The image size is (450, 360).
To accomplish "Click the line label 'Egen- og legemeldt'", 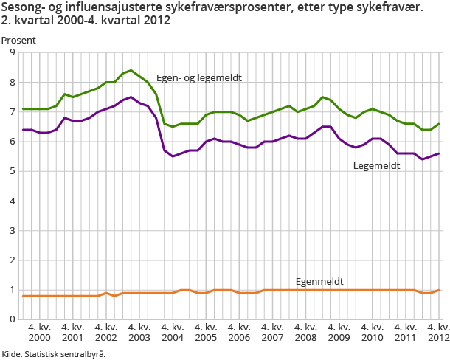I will (x=199, y=78).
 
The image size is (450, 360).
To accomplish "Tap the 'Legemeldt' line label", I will (x=377, y=166).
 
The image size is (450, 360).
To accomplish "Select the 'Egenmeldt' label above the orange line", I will (x=319, y=281).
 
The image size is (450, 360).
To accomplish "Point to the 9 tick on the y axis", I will (x=11, y=53).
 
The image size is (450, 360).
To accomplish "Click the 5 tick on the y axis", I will (x=11, y=171).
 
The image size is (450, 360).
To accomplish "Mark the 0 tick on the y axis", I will (x=11, y=319).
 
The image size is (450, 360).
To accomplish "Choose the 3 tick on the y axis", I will (x=11, y=231).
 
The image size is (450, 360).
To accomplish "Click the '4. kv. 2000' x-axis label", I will (x=38, y=331).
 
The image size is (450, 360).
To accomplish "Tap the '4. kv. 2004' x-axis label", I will (x=173, y=331).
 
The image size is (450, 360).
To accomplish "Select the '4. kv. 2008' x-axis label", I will (x=305, y=331).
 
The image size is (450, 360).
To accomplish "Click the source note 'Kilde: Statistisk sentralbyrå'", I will (x=53, y=354).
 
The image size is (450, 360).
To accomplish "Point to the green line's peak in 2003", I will (x=131, y=70).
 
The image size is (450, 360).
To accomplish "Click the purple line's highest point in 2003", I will (x=131, y=97).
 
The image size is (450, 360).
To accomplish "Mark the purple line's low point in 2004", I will (x=173, y=156).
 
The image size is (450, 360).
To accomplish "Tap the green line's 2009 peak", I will (x=322, y=97).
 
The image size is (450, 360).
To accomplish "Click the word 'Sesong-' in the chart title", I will (x=23, y=7).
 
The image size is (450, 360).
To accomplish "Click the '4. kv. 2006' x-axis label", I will (x=239, y=331).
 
